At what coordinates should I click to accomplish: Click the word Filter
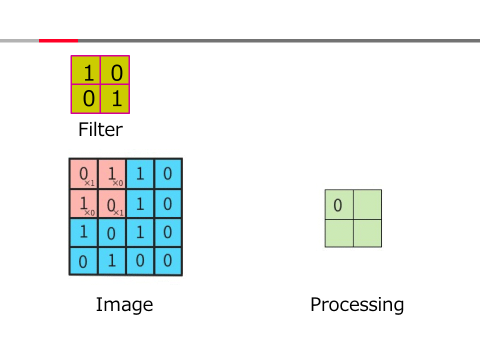100,130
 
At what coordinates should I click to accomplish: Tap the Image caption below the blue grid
124,304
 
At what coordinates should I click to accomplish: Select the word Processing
357,304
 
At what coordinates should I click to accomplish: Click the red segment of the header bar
58,40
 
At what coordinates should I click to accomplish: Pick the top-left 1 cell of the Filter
86,70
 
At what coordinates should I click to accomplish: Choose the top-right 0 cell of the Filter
115,70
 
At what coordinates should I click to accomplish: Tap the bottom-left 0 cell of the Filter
86,98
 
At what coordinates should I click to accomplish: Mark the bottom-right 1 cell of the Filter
115,98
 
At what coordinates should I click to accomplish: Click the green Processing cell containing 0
339,204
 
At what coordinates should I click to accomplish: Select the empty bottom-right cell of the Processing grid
367,233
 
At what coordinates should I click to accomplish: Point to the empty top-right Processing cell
367,204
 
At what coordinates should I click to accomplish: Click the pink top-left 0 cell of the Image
83,174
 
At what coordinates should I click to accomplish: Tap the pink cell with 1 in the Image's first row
112,174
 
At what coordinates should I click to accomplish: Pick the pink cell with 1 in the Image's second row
83,203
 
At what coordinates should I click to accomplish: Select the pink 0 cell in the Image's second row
112,203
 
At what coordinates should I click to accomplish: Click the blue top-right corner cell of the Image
168,174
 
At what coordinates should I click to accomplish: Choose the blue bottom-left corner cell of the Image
83,261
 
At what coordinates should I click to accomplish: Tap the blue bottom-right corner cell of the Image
168,261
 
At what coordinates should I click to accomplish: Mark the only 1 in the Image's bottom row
112,261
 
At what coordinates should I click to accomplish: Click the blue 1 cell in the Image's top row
140,174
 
